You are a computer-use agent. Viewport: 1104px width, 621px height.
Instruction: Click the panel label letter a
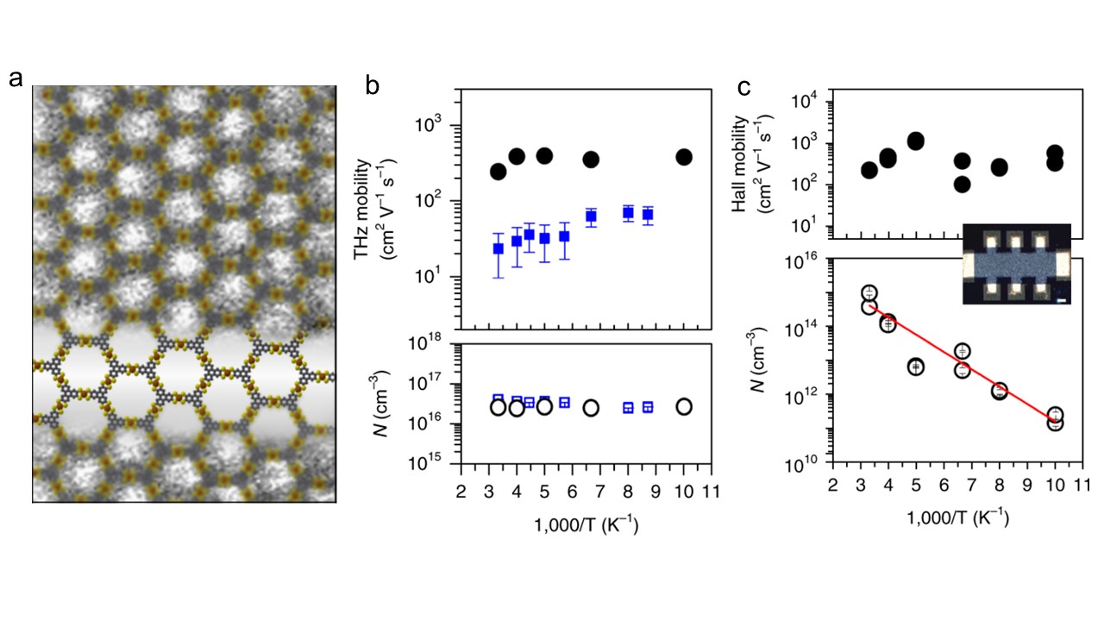click(x=16, y=80)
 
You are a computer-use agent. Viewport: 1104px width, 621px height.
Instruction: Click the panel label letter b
click(x=373, y=85)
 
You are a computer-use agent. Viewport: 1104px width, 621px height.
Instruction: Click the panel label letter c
click(x=743, y=85)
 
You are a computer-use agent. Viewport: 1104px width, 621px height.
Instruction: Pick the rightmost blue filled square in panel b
click(x=648, y=215)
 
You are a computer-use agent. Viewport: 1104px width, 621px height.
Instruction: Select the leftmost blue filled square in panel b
click(x=498, y=248)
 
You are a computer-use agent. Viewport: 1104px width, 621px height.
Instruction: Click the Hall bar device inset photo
click(x=1016, y=263)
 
